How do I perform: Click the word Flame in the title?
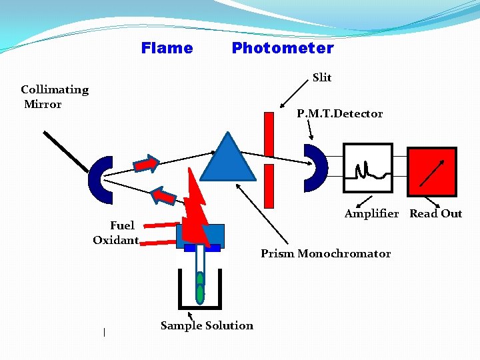pyautogui.click(x=167, y=48)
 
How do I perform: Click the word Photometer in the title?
pyautogui.click(x=283, y=48)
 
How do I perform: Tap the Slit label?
pyautogui.click(x=322, y=77)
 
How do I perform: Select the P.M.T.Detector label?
pyautogui.click(x=340, y=113)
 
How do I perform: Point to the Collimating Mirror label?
pyautogui.click(x=54, y=97)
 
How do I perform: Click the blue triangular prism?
pyautogui.click(x=228, y=158)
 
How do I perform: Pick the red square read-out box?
pyautogui.click(x=432, y=172)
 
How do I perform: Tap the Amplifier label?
pyautogui.click(x=371, y=213)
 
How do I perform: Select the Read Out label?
pyautogui.click(x=435, y=213)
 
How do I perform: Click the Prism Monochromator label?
pyautogui.click(x=325, y=253)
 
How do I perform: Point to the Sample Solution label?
pyautogui.click(x=207, y=325)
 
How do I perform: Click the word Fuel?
pyautogui.click(x=122, y=225)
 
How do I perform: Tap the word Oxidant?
pyautogui.click(x=115, y=240)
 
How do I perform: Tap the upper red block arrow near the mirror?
pyautogui.click(x=145, y=163)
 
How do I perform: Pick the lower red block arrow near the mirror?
pyautogui.click(x=164, y=195)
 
